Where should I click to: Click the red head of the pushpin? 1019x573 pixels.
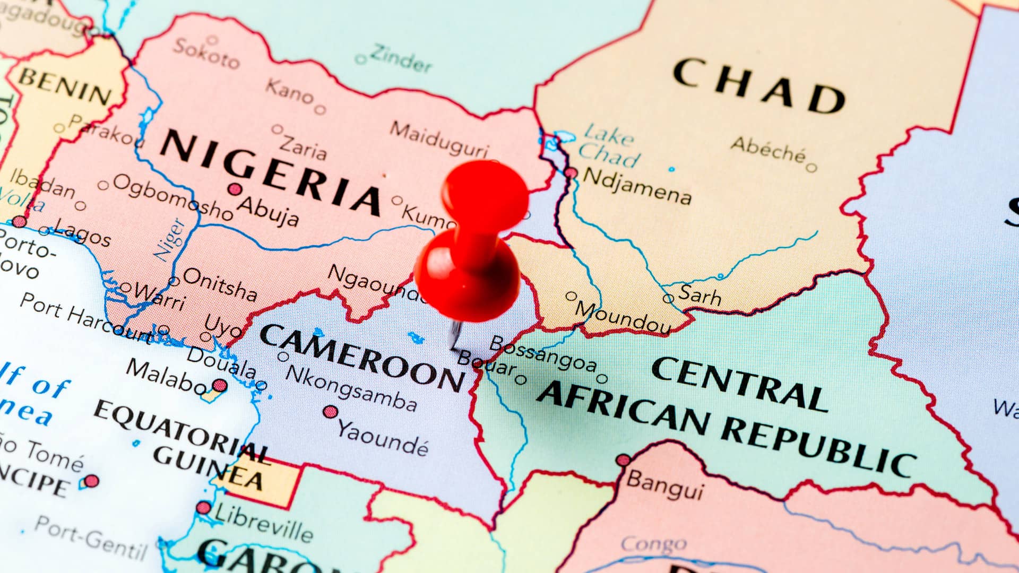[467, 276]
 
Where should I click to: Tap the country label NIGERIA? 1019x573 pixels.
[271, 172]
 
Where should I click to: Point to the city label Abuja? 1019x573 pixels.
[268, 210]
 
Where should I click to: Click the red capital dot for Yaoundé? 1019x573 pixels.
[331, 412]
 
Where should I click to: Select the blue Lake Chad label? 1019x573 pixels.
[609, 145]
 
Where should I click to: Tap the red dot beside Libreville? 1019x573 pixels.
[203, 508]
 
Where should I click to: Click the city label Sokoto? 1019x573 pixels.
[206, 54]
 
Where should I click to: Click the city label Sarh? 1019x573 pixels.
[700, 295]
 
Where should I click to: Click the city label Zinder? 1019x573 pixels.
[401, 58]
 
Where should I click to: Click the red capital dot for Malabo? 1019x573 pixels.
[219, 386]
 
